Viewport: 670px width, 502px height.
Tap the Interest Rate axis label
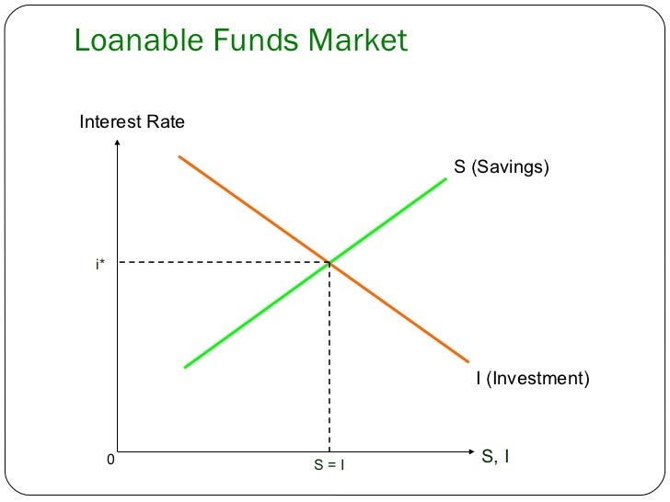pyautogui.click(x=132, y=121)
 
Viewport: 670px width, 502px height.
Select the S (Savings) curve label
pyautogui.click(x=501, y=167)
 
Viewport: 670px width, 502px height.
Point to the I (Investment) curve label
pyautogui.click(x=532, y=378)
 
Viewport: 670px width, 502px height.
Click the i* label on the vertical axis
pyautogui.click(x=99, y=265)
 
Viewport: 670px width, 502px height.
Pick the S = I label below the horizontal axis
pyautogui.click(x=329, y=465)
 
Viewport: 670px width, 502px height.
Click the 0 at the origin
pyautogui.click(x=110, y=459)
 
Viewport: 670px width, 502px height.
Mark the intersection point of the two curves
pyautogui.click(x=329, y=264)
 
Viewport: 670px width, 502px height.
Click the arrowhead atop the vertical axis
pyautogui.click(x=118, y=143)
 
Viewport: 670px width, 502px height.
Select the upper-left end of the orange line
pyautogui.click(x=179, y=157)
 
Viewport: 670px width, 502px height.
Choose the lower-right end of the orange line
pyautogui.click(x=468, y=360)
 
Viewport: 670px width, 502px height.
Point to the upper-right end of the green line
pyautogui.click(x=445, y=178)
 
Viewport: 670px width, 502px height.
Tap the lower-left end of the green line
pyautogui.click(x=186, y=367)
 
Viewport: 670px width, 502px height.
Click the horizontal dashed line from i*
pyautogui.click(x=221, y=263)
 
